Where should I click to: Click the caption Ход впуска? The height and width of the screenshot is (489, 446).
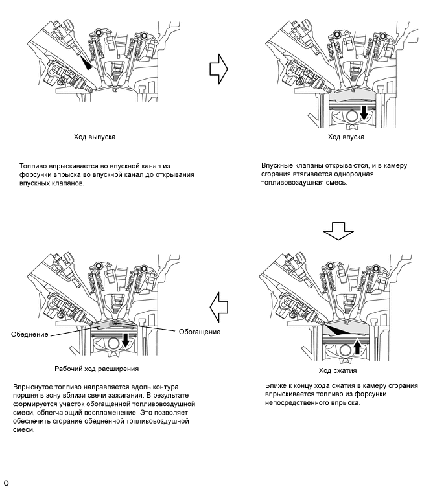click(x=346, y=137)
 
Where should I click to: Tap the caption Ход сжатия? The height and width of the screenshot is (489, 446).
click(x=337, y=370)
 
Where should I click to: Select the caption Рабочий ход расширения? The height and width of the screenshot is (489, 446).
click(x=97, y=369)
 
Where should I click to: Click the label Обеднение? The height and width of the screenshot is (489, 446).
click(x=30, y=334)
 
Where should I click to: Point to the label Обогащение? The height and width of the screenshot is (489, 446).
click(x=200, y=332)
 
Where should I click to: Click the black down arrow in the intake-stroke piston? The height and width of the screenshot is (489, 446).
click(x=364, y=113)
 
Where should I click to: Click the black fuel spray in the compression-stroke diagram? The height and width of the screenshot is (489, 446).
click(x=335, y=330)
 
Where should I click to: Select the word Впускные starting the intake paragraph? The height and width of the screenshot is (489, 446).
click(x=279, y=166)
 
